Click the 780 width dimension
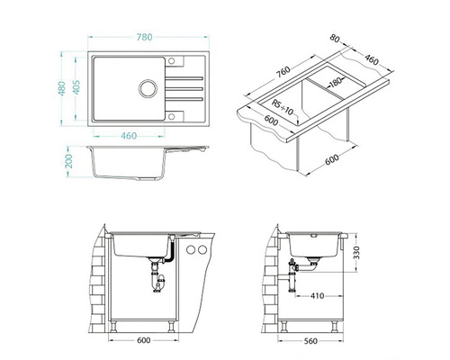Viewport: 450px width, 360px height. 145,37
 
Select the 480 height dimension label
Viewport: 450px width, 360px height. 62,88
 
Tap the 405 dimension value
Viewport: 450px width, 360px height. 76,87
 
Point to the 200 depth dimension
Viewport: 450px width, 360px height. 69,161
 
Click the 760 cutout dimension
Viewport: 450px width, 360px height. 283,72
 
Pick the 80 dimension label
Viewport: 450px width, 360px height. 335,38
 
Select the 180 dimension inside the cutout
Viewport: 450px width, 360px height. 336,81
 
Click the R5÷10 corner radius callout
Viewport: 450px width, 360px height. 283,108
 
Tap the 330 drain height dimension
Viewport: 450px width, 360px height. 355,253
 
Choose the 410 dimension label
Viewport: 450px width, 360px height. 317,296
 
